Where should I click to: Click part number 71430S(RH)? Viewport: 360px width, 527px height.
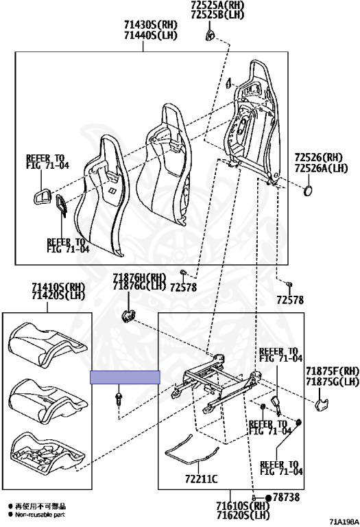point(150,25)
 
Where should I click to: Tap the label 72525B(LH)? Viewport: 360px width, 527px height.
point(217,14)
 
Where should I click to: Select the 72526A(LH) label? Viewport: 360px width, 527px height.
point(322,167)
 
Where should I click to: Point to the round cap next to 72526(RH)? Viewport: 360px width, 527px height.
point(308,191)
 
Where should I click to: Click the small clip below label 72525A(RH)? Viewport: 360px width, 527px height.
point(210,35)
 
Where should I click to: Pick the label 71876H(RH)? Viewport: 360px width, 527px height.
point(139,278)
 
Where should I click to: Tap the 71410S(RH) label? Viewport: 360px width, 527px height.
point(58,288)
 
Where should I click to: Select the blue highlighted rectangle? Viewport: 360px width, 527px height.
point(125,377)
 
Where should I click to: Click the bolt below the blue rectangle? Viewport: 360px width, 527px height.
point(118,399)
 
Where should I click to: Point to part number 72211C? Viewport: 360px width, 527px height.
point(201,478)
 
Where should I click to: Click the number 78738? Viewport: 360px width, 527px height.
point(286,497)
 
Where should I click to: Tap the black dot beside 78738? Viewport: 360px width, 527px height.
point(268,497)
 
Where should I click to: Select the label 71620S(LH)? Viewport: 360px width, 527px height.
point(243,515)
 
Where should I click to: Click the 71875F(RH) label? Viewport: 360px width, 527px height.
point(333,371)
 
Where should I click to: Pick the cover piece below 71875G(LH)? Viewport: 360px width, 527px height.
point(322,404)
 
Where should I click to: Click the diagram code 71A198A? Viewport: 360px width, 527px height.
point(344,522)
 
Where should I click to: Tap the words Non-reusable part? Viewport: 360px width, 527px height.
point(40,515)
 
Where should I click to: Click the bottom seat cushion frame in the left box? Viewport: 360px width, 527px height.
point(47,452)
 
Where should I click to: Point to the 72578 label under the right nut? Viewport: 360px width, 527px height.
point(290,300)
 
